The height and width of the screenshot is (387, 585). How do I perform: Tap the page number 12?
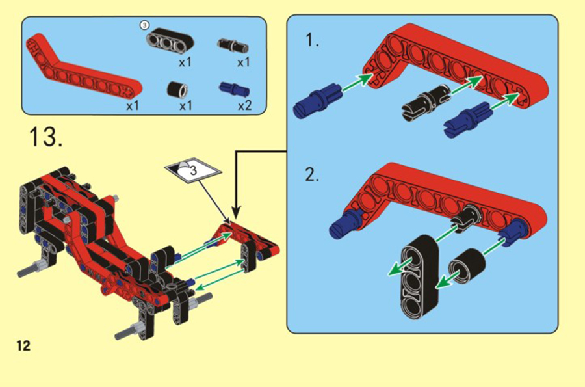pyautogui.click(x=23, y=345)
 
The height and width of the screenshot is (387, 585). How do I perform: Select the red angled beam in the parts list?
pyautogui.click(x=82, y=67)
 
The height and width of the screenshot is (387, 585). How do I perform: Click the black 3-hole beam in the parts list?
pyautogui.click(x=170, y=42)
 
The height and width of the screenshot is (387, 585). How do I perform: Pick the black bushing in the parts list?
pyautogui.click(x=177, y=89)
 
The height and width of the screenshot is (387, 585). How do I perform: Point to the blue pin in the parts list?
pyautogui.click(x=234, y=89)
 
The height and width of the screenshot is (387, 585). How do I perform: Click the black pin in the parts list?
pyautogui.click(x=233, y=46)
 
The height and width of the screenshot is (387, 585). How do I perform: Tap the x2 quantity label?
pyautogui.click(x=245, y=105)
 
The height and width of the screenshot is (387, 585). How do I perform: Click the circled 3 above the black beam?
pyautogui.click(x=144, y=25)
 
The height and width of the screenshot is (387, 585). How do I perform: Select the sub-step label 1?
pyautogui.click(x=312, y=40)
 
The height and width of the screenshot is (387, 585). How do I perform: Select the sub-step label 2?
pyautogui.click(x=312, y=174)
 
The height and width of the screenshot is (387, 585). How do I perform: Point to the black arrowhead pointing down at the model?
pyautogui.click(x=236, y=211)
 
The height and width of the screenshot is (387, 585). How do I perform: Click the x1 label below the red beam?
pyautogui.click(x=133, y=105)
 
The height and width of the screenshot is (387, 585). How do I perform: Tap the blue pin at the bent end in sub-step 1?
pyautogui.click(x=317, y=100)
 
